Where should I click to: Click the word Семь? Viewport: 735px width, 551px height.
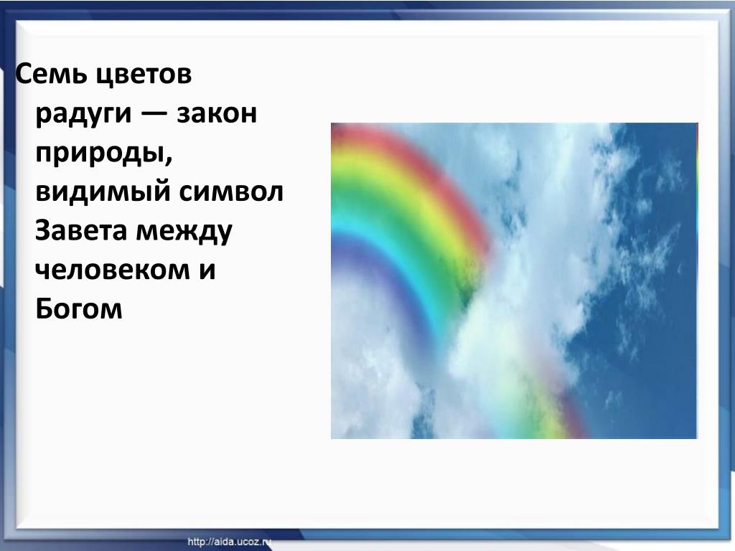click(46, 74)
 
